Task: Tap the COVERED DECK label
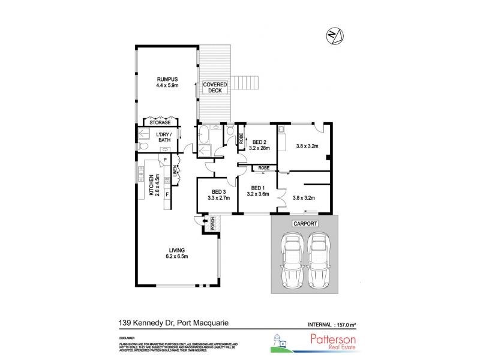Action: pos(214,88)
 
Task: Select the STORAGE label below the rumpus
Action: pos(159,122)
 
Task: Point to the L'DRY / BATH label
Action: pos(163,137)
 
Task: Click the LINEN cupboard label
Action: pos(176,172)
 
